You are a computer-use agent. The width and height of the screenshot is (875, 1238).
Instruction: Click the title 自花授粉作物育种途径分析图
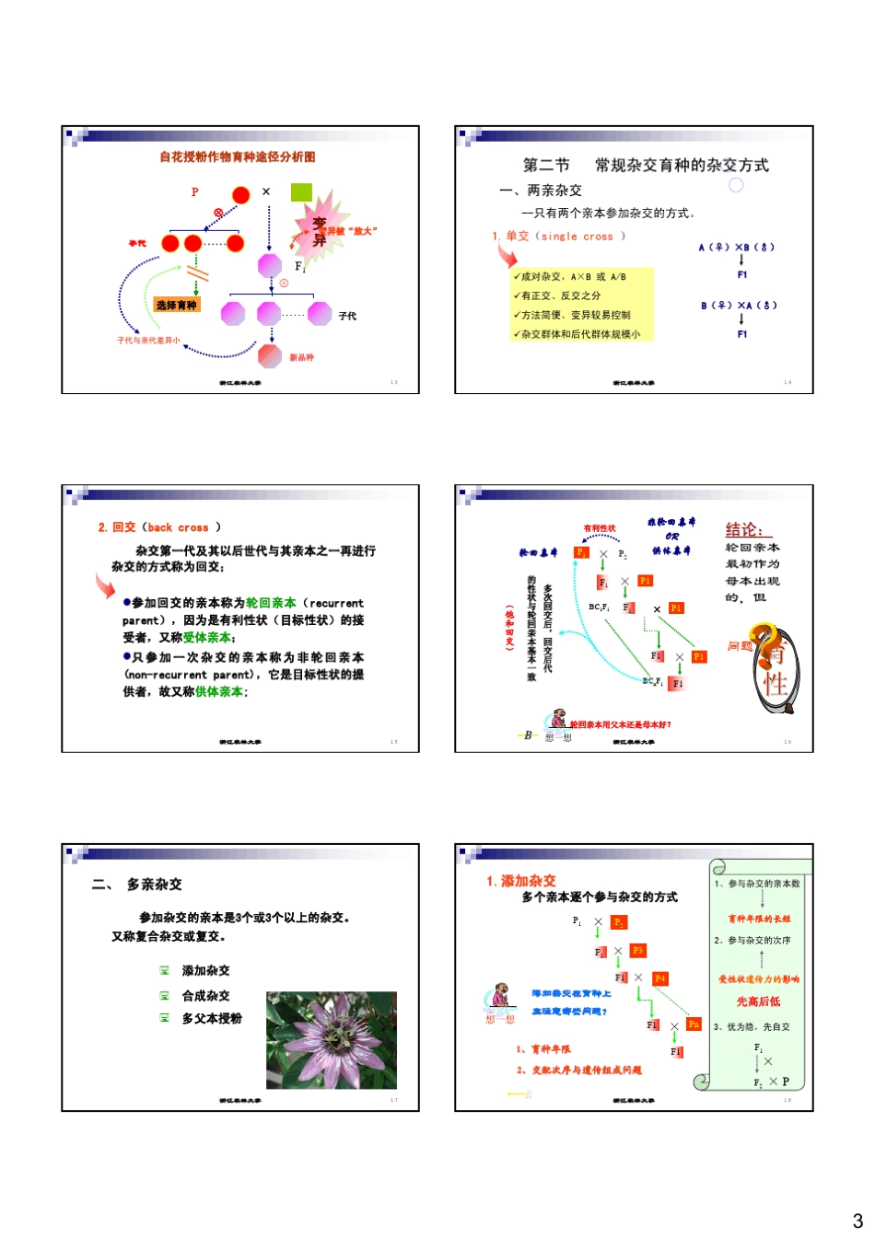[x=237, y=157]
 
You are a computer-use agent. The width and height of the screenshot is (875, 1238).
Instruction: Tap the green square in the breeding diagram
[x=301, y=192]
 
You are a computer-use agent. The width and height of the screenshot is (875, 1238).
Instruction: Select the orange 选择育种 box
[x=176, y=306]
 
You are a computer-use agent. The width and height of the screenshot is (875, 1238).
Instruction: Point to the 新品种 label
[x=302, y=357]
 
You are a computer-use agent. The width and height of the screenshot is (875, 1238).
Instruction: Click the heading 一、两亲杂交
[x=541, y=191]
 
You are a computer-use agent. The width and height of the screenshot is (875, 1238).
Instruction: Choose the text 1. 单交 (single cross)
[x=558, y=237]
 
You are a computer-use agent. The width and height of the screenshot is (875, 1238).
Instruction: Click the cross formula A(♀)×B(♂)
[x=736, y=247]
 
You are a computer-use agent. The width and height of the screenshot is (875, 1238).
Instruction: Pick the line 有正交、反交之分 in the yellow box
[x=560, y=295]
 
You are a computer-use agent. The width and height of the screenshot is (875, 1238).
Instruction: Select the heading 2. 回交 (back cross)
[x=159, y=527]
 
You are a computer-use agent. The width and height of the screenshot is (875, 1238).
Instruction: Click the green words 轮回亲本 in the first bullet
[x=271, y=603]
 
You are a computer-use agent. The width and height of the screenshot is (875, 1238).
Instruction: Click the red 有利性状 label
[x=600, y=528]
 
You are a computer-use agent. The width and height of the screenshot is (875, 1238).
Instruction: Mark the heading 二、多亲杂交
[x=137, y=885]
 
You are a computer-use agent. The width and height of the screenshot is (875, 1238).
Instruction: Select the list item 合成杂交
[x=205, y=996]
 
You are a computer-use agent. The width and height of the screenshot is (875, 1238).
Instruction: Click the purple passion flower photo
[x=332, y=1040]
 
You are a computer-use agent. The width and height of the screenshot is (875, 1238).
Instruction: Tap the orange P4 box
[x=659, y=978]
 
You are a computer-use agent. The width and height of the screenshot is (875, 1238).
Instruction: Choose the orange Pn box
[x=694, y=1024]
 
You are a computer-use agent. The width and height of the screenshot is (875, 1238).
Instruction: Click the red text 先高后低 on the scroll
[x=758, y=1001]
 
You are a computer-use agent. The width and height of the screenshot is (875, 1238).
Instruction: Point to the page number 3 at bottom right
[x=857, y=1221]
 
